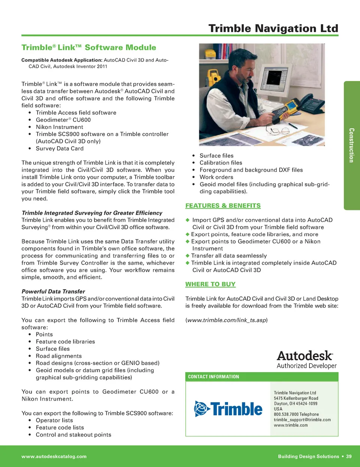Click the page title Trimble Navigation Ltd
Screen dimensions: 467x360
coord(273,28)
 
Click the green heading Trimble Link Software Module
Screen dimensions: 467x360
coord(88,48)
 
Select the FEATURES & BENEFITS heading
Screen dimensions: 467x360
coord(223,206)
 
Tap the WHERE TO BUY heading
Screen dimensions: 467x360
coord(210,284)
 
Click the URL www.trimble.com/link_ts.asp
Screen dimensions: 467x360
coord(226,320)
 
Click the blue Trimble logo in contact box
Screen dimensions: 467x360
coord(228,409)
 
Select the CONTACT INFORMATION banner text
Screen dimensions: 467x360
coord(213,377)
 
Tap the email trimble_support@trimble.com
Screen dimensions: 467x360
coord(302,420)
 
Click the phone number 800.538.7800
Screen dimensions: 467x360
coord(286,415)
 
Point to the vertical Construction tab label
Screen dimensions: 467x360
coord(351,145)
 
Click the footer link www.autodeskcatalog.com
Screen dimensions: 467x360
coord(54,457)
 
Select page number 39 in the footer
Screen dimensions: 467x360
coord(349,457)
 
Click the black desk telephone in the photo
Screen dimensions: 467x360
coord(311,103)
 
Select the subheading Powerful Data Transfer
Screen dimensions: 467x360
coord(53,292)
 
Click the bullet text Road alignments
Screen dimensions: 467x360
coord(58,356)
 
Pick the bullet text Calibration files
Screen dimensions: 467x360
coord(220,163)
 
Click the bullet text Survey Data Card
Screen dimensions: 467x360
coord(60,148)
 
